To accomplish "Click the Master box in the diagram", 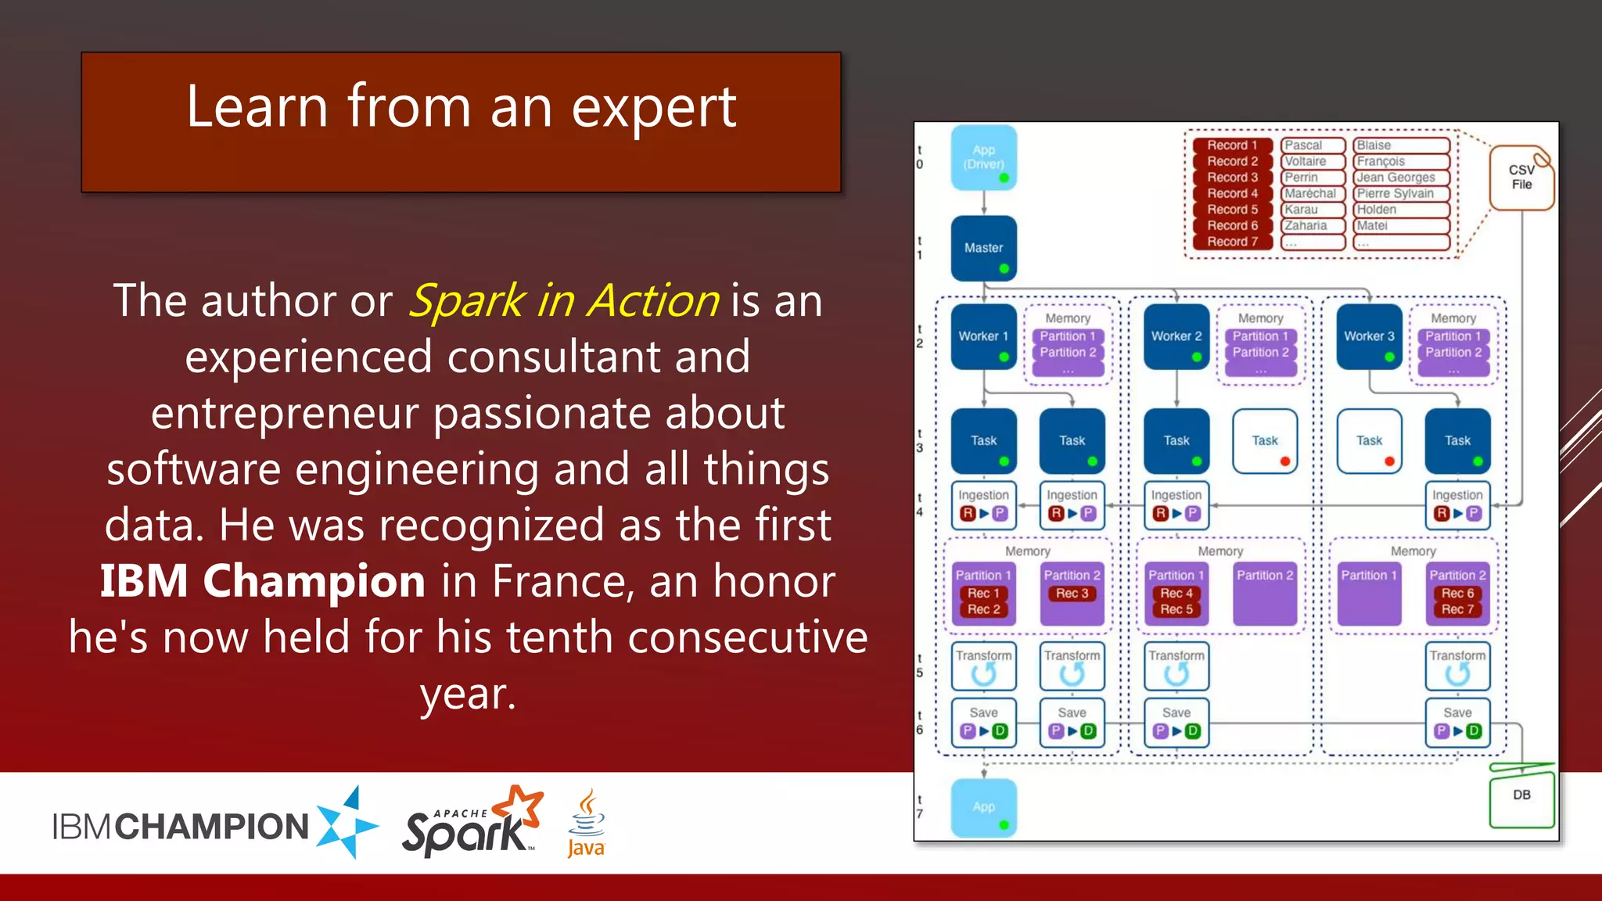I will [983, 248].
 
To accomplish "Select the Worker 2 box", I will [1176, 336].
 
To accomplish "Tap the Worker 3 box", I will [1369, 336].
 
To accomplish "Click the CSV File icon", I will [1521, 178].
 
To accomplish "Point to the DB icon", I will [1521, 795].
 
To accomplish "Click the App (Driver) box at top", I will [983, 157].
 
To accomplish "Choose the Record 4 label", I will [1232, 193].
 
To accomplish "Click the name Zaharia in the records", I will [1306, 225].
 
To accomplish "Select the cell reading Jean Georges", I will [1395, 178].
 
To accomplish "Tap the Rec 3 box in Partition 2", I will [1072, 594].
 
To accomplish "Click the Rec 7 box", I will [1457, 609].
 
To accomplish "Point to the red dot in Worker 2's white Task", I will [1284, 461].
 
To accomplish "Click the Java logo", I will [586, 824].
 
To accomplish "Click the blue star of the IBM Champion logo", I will [347, 823].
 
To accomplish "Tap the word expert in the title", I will [653, 108].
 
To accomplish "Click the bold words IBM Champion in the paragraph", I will [262, 581].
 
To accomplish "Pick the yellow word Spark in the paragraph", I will [467, 301].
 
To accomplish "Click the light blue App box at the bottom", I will [983, 807].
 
